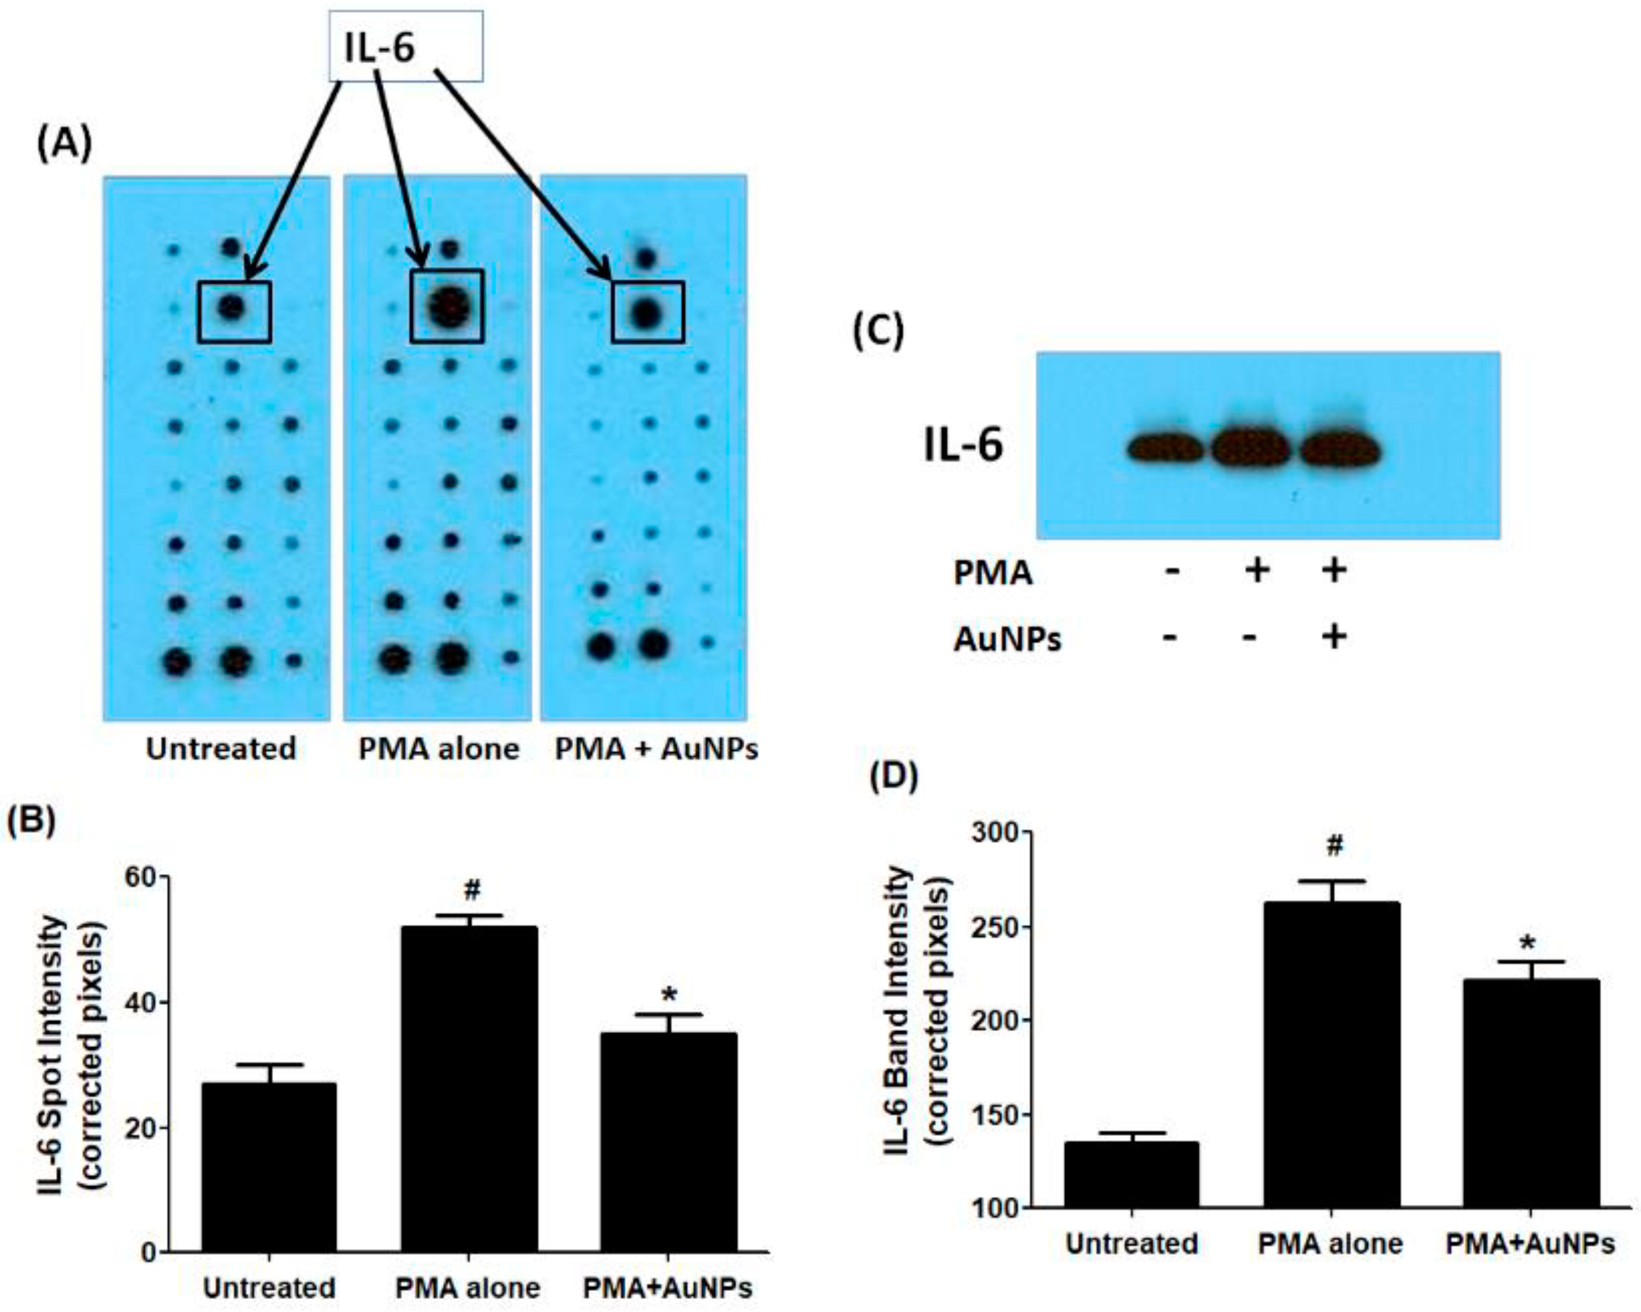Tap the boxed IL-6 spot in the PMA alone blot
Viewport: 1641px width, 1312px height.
(447, 306)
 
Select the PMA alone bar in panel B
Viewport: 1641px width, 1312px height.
(469, 1089)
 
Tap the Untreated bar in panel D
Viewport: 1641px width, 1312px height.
(1131, 1175)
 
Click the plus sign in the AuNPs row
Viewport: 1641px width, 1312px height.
(1333, 636)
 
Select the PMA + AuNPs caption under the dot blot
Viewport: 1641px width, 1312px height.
(656, 749)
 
